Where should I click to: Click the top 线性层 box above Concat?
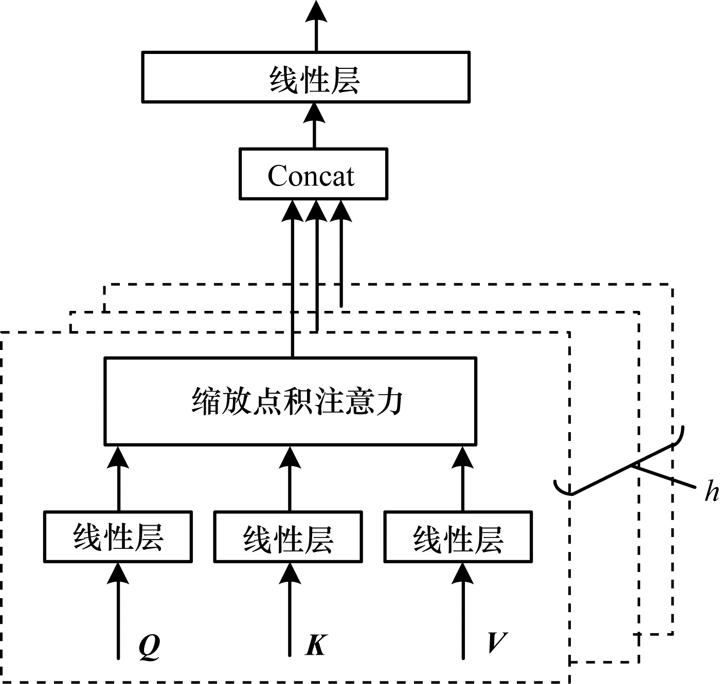tap(305, 77)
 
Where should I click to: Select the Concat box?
tap(313, 174)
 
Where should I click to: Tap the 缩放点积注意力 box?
tap(291, 401)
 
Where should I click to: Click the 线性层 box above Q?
tap(118, 537)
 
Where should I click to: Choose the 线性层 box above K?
tap(288, 537)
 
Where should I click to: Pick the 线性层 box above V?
tap(458, 537)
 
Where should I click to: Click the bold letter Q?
tap(150, 645)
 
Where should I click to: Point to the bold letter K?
tap(316, 644)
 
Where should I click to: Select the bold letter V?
tap(497, 642)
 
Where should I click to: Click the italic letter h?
tap(711, 491)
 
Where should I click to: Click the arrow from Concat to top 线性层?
tap(314, 126)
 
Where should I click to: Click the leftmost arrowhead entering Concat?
tap(293, 211)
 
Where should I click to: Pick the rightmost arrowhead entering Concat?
tap(341, 211)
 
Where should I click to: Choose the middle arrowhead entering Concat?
tap(317, 211)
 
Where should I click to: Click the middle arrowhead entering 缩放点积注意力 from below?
tap(290, 457)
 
